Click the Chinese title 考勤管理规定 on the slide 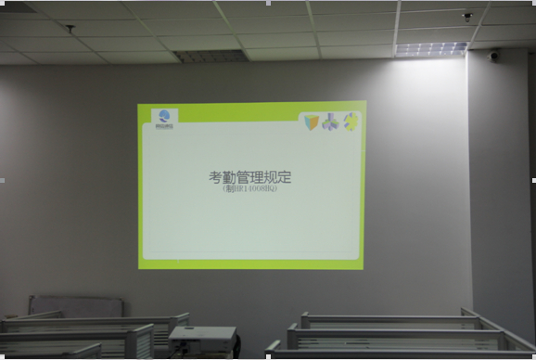[x=250, y=177]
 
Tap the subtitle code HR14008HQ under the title [x=250, y=190]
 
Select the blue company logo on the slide [x=164, y=118]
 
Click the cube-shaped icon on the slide [x=311, y=122]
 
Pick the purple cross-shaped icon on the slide [x=331, y=122]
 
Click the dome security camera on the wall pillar [x=494, y=56]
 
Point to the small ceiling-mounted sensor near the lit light [x=467, y=17]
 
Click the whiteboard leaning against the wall [x=75, y=305]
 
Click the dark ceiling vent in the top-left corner [x=17, y=6]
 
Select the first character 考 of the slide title [x=215, y=177]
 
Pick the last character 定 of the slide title [x=284, y=177]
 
